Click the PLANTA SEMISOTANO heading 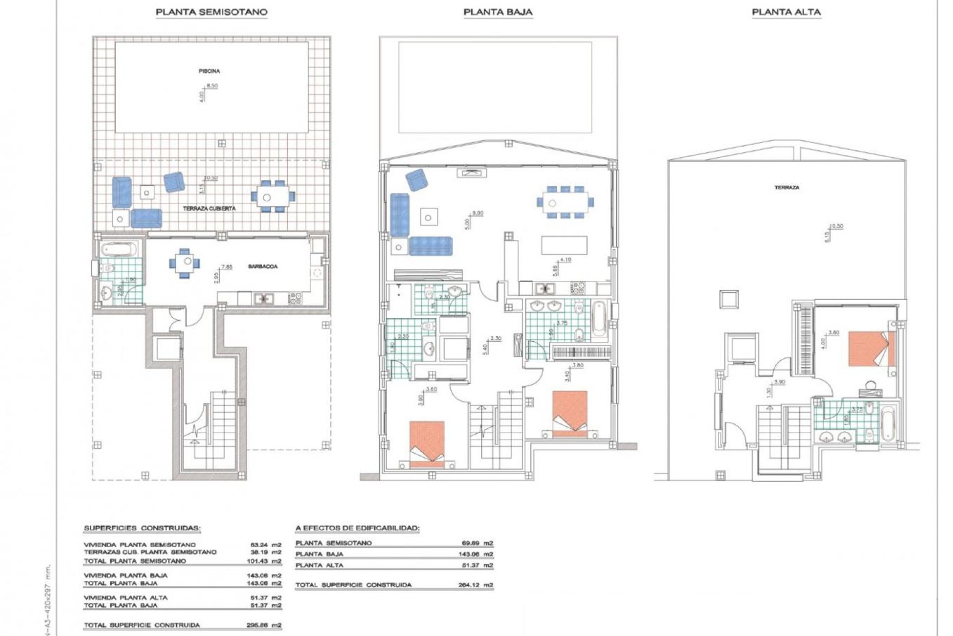(211, 12)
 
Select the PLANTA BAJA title (498, 12)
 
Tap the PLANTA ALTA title (786, 12)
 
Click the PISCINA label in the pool (209, 71)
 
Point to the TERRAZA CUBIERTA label (209, 209)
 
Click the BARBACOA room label (263, 267)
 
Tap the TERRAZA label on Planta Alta (787, 188)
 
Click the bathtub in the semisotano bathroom (118, 249)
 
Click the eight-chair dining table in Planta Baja (565, 202)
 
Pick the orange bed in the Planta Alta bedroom (872, 349)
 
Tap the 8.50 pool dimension (212, 86)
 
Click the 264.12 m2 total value (476, 585)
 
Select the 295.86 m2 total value (264, 625)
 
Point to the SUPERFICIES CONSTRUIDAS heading (142, 528)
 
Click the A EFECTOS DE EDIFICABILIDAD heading (357, 528)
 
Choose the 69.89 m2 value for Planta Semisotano (476, 543)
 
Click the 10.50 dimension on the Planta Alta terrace (837, 226)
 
